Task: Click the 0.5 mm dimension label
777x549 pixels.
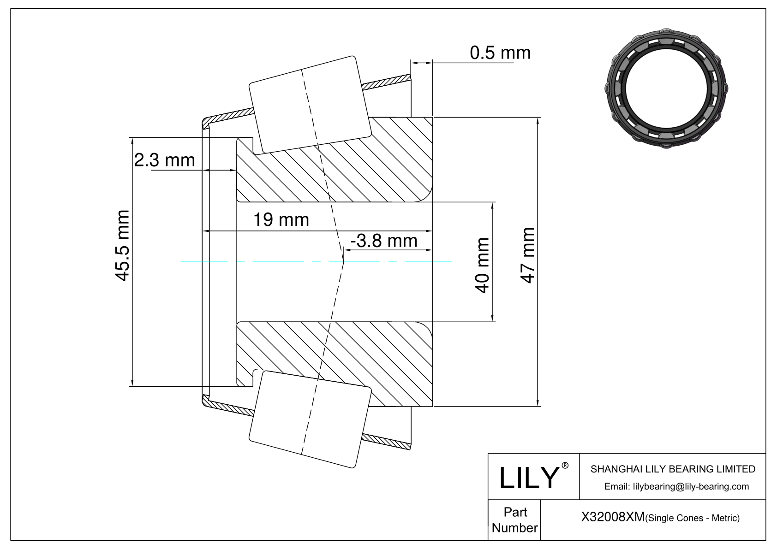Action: click(500, 53)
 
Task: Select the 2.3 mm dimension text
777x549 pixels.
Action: click(164, 160)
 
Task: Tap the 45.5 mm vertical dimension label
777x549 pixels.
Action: click(122, 245)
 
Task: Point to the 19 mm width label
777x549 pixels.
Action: click(281, 220)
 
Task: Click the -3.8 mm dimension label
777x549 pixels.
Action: click(383, 241)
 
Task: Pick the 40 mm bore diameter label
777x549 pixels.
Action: click(482, 266)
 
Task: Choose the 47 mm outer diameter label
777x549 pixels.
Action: click(527, 255)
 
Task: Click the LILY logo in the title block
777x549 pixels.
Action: click(529, 478)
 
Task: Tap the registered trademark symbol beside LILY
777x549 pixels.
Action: click(565, 466)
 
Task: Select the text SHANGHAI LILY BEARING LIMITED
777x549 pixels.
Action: click(673, 469)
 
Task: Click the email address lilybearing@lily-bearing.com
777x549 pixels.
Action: click(691, 487)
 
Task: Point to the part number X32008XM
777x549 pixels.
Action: click(613, 517)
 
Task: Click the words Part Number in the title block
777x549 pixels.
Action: click(515, 520)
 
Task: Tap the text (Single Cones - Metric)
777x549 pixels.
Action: click(693, 518)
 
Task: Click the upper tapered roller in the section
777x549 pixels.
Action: click(310, 104)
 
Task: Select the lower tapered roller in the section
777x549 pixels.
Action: click(310, 419)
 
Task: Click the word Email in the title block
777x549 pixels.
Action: click(617, 487)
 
